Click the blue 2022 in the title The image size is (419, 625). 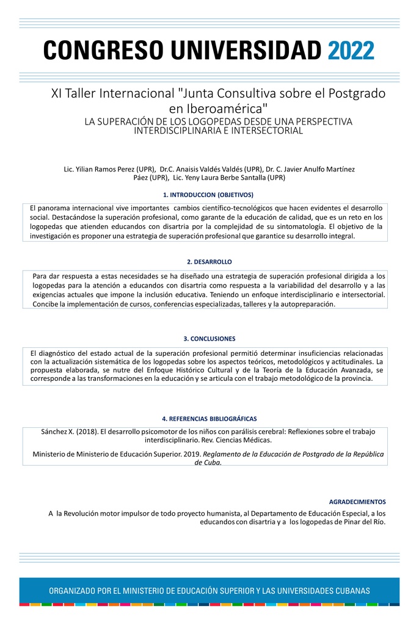click(x=351, y=50)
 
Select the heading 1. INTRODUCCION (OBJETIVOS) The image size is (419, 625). click(x=208, y=195)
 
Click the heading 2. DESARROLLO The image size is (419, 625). click(x=209, y=262)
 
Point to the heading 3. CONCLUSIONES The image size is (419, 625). click(x=209, y=339)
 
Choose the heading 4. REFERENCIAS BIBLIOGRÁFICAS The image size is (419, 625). click(x=209, y=419)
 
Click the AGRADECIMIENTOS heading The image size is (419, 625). click(x=362, y=502)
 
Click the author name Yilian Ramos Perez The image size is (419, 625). click(x=107, y=169)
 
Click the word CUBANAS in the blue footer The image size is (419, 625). click(x=348, y=591)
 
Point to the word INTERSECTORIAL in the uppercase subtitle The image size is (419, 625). click(x=266, y=131)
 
